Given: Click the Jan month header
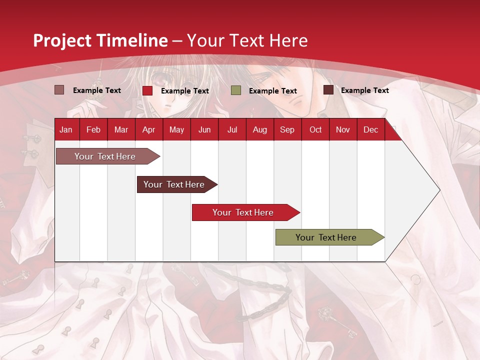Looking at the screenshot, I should [x=66, y=129].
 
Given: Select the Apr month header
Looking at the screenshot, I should [x=148, y=129].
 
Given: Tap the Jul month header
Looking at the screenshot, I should [x=232, y=129].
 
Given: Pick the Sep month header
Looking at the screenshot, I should [x=287, y=129].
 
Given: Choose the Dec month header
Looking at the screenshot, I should [x=370, y=129].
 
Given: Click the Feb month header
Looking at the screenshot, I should [x=93, y=129].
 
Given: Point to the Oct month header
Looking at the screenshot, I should [x=315, y=129].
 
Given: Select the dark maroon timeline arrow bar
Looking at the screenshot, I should [x=175, y=184].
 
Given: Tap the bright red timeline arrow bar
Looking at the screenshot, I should [x=244, y=212].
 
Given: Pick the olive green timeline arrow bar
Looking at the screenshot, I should [x=327, y=237].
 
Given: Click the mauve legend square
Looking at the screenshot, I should [x=59, y=90].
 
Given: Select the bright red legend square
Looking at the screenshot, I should [x=147, y=90].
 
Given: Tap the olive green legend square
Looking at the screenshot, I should [x=236, y=90].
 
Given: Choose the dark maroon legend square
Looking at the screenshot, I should [x=328, y=90].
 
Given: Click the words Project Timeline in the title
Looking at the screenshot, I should [x=100, y=40].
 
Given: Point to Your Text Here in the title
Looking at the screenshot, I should [x=247, y=40].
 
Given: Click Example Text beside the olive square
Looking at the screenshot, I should [x=272, y=90].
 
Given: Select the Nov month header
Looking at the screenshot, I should [x=343, y=129].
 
